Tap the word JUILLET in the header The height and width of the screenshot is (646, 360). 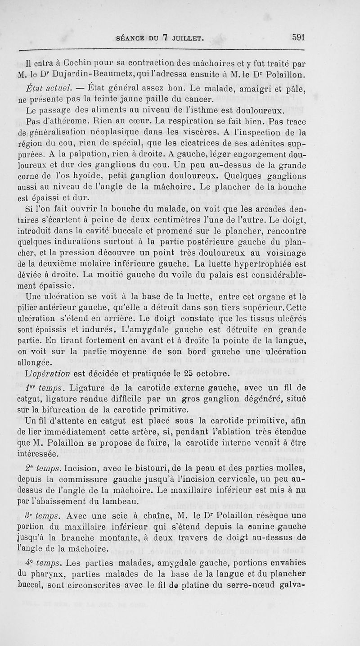click(185, 39)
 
